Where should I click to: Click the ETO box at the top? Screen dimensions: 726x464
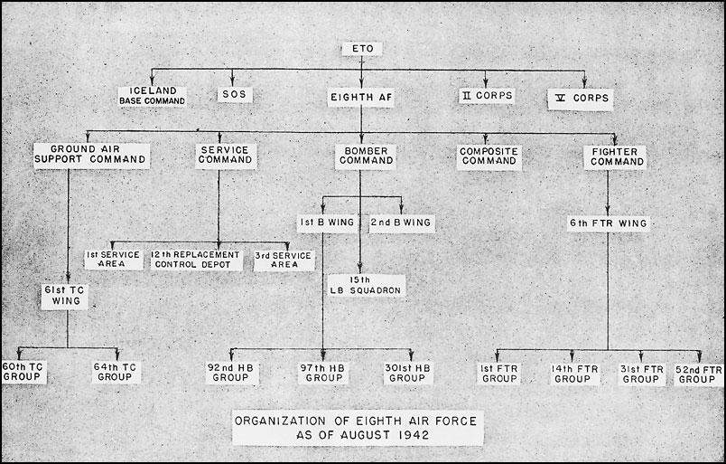point(362,49)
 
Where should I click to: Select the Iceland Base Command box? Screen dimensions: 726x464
point(152,96)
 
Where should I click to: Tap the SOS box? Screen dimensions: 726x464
point(235,94)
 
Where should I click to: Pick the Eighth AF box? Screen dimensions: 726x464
point(361,98)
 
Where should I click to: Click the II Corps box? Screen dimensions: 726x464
point(487,96)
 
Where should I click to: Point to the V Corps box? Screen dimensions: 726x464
point(580,99)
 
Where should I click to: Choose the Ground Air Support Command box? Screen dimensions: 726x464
point(91,156)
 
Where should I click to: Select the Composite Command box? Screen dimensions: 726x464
point(489,157)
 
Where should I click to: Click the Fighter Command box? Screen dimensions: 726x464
point(615,157)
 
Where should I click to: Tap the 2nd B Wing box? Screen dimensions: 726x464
point(402,223)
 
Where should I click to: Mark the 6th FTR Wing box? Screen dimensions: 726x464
point(609,223)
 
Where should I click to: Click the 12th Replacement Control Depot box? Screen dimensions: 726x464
point(196,260)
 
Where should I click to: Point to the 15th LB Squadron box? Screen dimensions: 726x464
point(367,285)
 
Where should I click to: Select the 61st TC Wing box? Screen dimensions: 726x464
point(64,296)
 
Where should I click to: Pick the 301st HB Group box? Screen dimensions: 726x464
point(408,374)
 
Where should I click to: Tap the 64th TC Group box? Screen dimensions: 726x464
point(116,373)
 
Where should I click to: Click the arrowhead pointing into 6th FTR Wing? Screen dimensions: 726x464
point(608,211)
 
